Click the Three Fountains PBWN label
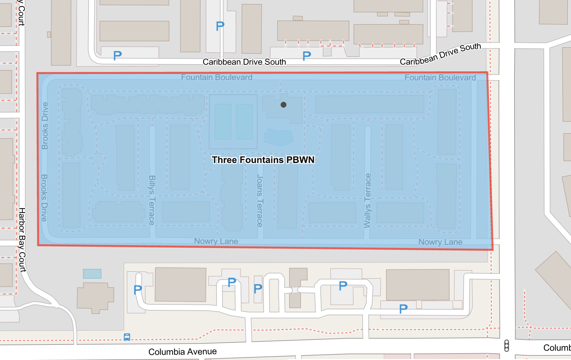(263, 160)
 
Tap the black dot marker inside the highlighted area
(283, 105)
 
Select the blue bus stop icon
(127, 337)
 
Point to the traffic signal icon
(506, 345)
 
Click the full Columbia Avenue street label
(182, 352)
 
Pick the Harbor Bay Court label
(22, 240)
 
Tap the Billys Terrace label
(152, 200)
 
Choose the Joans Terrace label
(260, 201)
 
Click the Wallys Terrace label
(367, 201)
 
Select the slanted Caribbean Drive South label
(440, 54)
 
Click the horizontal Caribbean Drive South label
(244, 62)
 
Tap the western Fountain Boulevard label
(216, 77)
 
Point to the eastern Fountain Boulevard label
(440, 77)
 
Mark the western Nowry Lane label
(216, 241)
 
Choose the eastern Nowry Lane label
(440, 242)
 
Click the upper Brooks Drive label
(45, 126)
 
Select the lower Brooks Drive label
(44, 198)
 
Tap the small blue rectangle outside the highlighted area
(92, 274)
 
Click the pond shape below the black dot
(279, 137)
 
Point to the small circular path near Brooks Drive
(98, 160)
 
